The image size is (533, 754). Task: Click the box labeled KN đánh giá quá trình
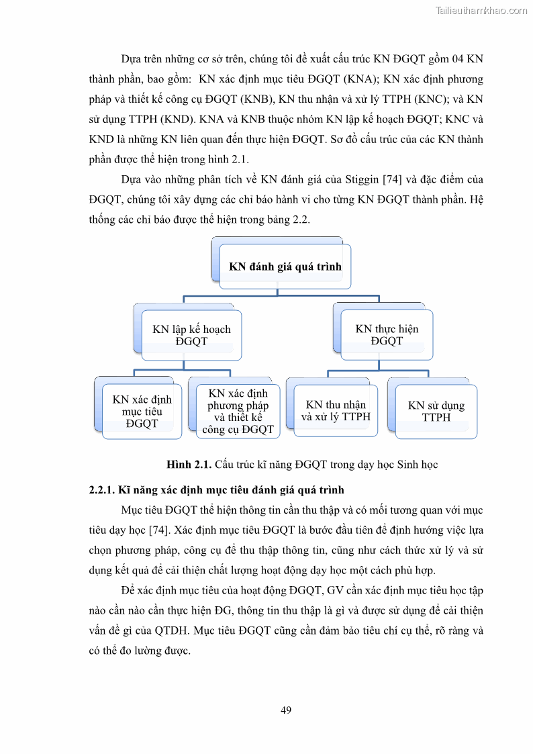coord(285,267)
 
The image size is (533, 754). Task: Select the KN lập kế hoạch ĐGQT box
coord(191,335)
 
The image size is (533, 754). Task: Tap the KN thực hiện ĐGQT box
coord(387,334)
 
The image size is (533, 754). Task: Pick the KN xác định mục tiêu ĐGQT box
coord(142,411)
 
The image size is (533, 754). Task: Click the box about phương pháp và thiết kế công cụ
coord(238,411)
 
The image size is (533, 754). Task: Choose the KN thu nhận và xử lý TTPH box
coord(336,410)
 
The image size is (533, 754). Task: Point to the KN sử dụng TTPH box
coord(436,411)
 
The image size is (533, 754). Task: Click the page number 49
coord(286,710)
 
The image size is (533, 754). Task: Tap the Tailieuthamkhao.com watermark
coord(481,10)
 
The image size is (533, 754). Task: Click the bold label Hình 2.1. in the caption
coord(189,465)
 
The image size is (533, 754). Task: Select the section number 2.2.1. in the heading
coord(101,490)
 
